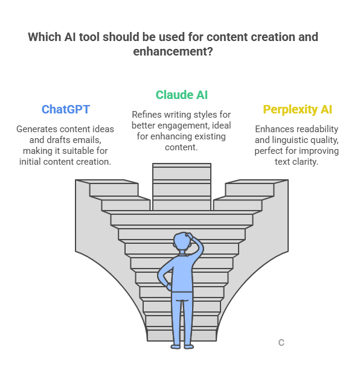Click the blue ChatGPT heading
[66, 109]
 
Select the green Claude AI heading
[181, 95]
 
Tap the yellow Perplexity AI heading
[297, 109]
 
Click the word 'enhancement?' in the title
[173, 51]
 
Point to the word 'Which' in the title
[45, 37]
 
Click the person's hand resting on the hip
[169, 287]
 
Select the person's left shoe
[175, 347]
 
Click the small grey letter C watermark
[281, 343]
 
